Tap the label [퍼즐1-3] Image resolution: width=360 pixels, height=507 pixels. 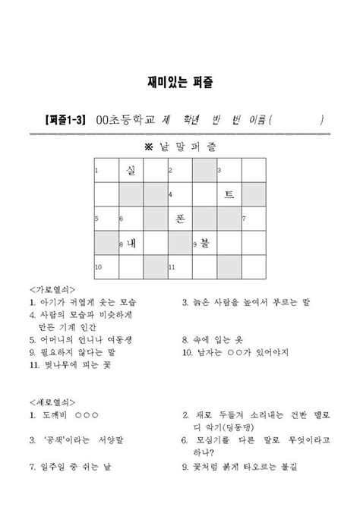66,120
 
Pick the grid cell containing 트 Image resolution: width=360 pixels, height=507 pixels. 229,195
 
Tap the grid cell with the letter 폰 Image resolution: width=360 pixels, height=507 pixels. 179,219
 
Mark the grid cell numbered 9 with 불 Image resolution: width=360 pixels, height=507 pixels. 204,244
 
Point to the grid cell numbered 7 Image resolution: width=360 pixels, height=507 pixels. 253,219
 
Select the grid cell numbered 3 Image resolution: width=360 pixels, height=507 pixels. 229,172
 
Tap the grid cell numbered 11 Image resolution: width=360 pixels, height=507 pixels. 179,268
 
